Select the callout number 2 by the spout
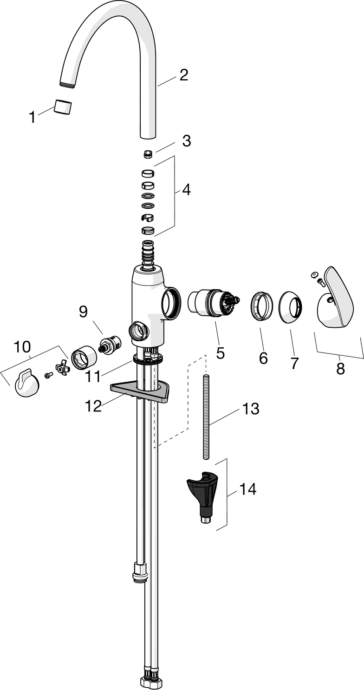tap(184, 75)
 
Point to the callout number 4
tap(186, 190)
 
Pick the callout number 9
tap(83, 312)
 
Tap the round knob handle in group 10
tap(27, 385)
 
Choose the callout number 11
tap(93, 376)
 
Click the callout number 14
tap(247, 489)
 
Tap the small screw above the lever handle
tap(319, 279)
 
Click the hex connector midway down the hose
tap(138, 572)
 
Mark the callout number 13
tap(250, 409)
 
